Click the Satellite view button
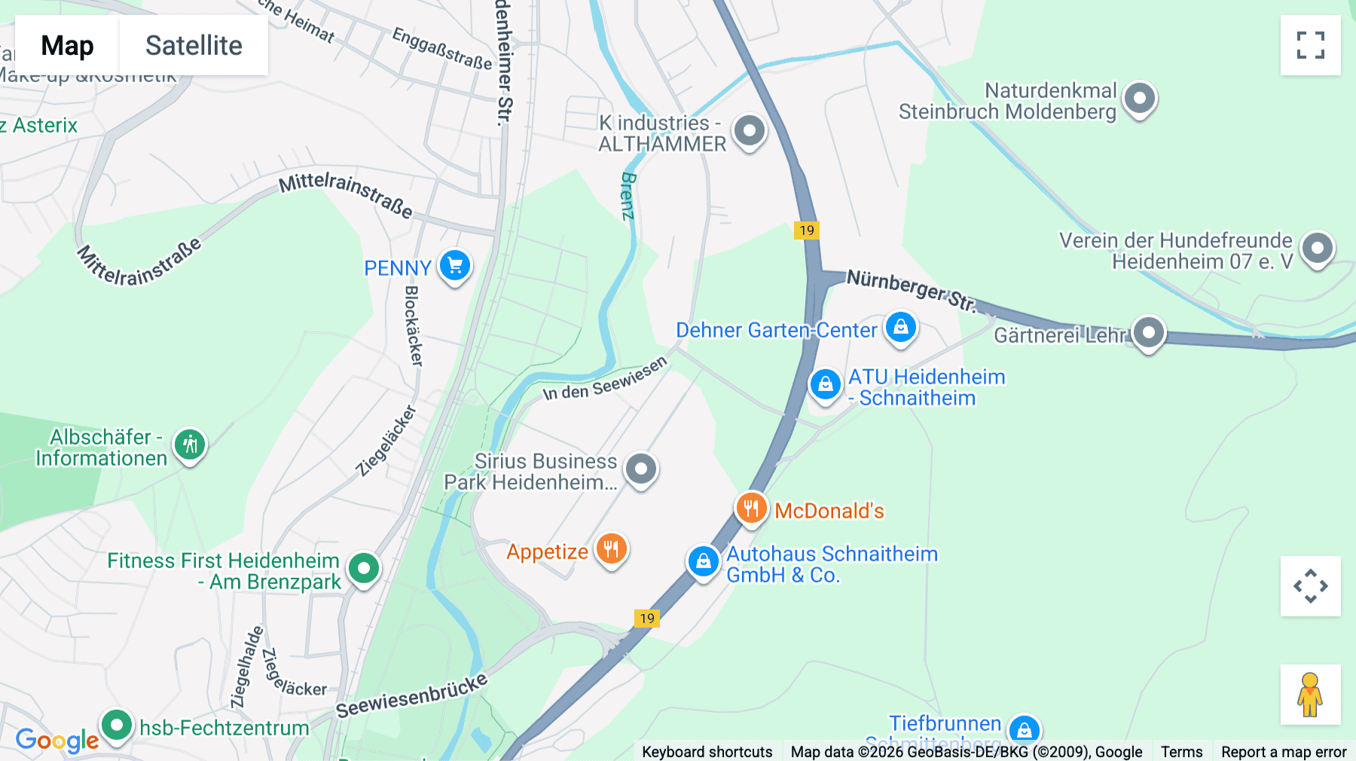[194, 45]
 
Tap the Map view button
[67, 45]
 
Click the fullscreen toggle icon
[1310, 45]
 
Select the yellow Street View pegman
[1310, 695]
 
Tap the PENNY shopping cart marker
[455, 265]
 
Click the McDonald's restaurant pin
[751, 509]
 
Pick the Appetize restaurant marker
[612, 549]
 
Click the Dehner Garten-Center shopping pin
[901, 328]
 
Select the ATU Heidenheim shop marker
[825, 384]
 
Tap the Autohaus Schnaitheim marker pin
[703, 561]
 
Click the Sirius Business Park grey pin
[641, 469]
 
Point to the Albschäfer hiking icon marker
[190, 445]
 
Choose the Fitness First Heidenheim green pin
[365, 568]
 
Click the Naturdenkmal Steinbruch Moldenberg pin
[1140, 98]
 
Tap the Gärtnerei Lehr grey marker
[1149, 332]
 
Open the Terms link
[1181, 751]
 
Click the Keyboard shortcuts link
[707, 751]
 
